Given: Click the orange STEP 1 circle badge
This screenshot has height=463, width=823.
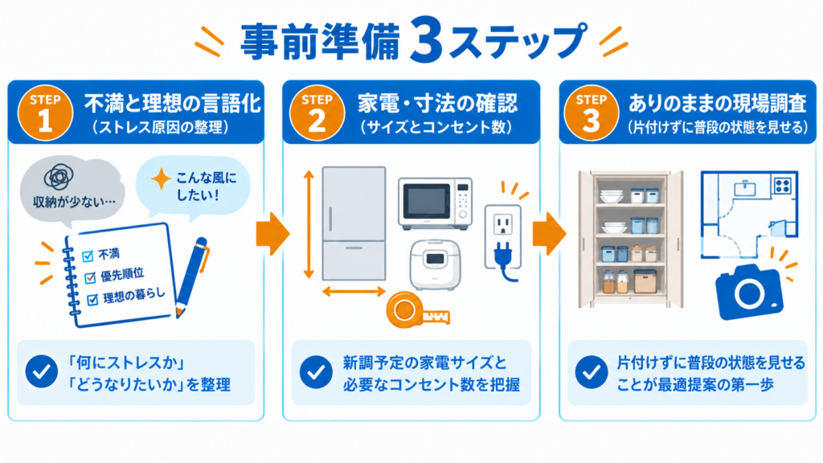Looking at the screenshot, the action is [x=45, y=113].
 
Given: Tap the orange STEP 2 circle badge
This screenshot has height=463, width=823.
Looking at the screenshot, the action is [x=317, y=113].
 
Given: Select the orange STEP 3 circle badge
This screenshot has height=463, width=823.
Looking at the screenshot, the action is [x=591, y=113].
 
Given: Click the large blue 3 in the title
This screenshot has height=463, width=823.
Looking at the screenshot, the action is [x=425, y=40].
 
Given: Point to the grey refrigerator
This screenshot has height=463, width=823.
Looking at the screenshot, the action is [x=354, y=223].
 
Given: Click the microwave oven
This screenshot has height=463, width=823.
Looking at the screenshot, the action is [x=435, y=203].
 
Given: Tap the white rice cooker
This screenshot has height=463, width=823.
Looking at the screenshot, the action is [x=435, y=264].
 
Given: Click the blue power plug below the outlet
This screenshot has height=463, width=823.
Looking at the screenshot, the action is [x=503, y=260].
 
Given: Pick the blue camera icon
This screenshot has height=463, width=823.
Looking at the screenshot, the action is [x=749, y=292].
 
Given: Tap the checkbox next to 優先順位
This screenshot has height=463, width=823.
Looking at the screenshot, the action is [x=90, y=277].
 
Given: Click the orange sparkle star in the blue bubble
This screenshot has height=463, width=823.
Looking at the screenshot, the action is [x=161, y=179].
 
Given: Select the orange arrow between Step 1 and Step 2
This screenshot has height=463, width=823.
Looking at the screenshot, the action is [x=273, y=234].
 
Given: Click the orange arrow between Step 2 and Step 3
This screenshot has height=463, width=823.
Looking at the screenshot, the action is [x=549, y=234].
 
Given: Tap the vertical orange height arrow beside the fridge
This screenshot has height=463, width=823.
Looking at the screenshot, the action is [x=309, y=224].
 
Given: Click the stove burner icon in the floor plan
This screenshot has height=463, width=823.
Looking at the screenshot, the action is [x=782, y=186].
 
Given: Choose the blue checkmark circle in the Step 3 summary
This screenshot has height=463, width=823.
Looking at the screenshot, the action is [x=591, y=371].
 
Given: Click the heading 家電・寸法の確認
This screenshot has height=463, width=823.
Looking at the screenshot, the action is [x=437, y=104].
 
